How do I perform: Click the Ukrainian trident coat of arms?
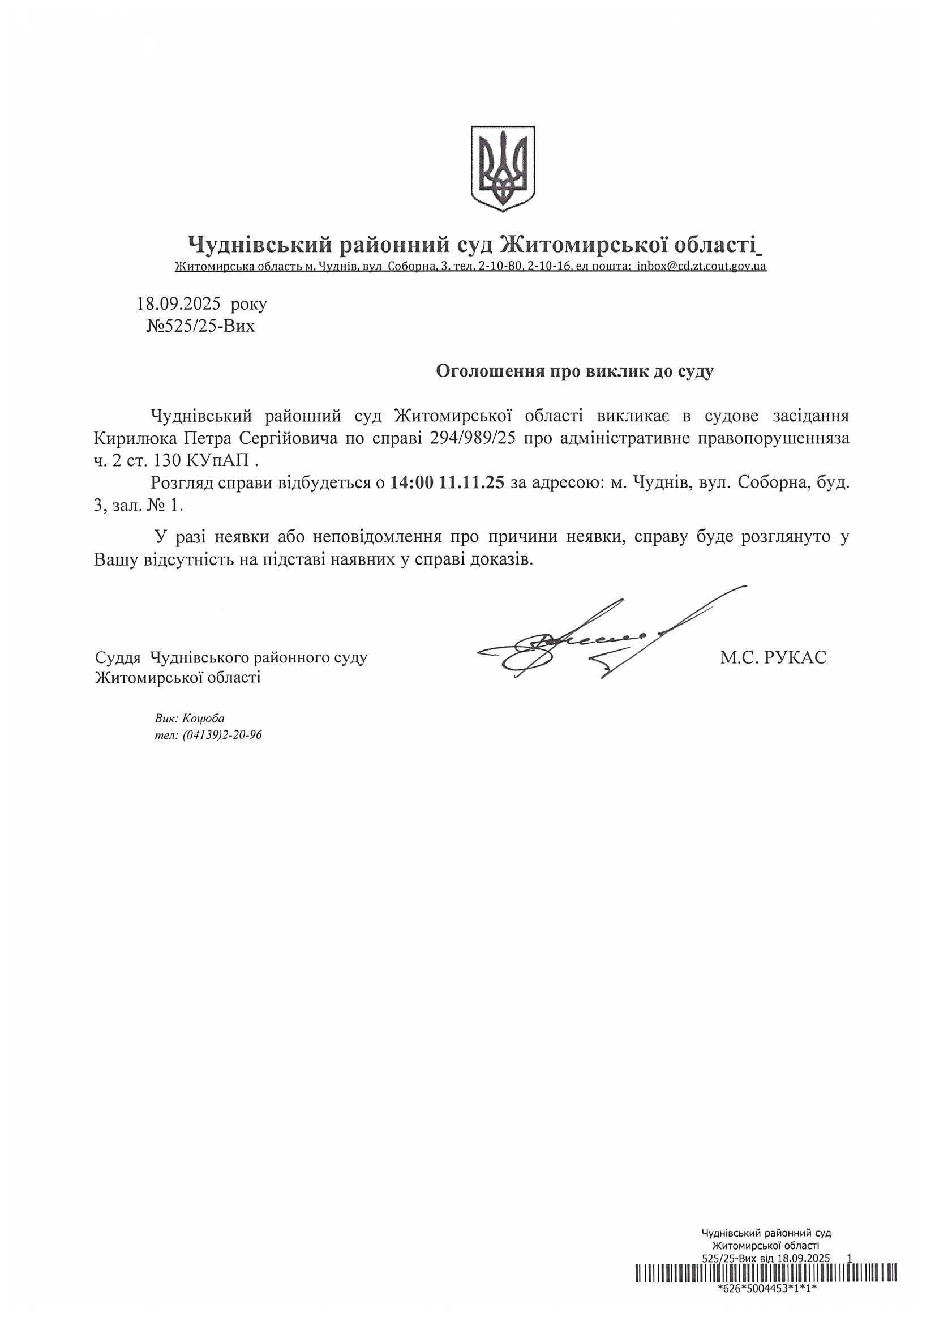click(503, 169)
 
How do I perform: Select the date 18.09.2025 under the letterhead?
click(178, 303)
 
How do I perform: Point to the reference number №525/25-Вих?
click(200, 327)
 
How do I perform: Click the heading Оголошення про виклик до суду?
click(574, 371)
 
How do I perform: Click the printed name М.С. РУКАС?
click(773, 657)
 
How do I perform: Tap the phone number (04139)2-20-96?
click(222, 735)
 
